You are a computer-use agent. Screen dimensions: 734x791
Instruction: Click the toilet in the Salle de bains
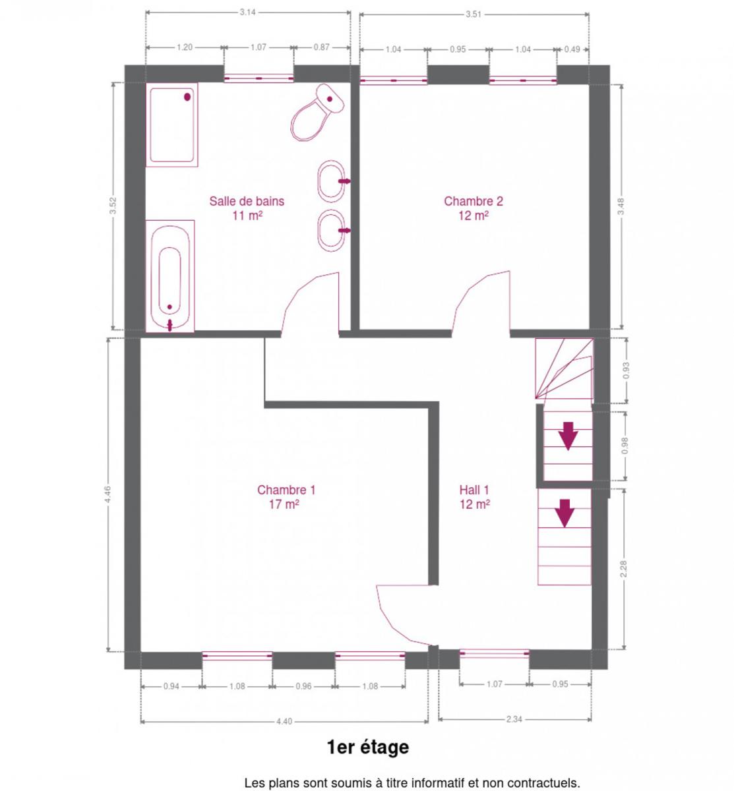click(x=317, y=113)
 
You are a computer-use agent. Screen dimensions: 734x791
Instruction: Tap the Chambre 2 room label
click(x=474, y=208)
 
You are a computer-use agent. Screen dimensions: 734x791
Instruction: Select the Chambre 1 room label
click(x=286, y=496)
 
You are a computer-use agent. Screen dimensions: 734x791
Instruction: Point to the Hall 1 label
click(x=475, y=496)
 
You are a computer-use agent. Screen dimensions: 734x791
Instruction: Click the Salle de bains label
click(x=247, y=208)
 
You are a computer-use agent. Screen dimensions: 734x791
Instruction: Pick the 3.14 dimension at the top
click(x=247, y=13)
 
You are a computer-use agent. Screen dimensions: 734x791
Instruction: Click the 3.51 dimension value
click(x=474, y=15)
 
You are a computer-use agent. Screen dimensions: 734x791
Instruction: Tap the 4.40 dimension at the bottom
click(x=284, y=721)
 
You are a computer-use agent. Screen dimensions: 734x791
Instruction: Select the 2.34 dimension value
click(x=514, y=719)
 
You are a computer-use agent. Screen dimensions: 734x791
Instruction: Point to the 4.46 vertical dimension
click(x=108, y=494)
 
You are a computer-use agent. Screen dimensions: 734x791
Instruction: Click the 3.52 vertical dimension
click(x=113, y=206)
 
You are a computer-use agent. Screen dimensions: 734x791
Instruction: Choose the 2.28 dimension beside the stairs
click(x=624, y=569)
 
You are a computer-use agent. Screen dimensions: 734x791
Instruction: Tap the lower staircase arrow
click(x=565, y=513)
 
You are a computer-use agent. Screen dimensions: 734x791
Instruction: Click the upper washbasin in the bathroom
click(x=332, y=181)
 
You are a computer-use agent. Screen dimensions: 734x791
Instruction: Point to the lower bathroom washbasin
click(x=332, y=231)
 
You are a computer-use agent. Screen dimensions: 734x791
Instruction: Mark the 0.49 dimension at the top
click(x=572, y=49)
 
